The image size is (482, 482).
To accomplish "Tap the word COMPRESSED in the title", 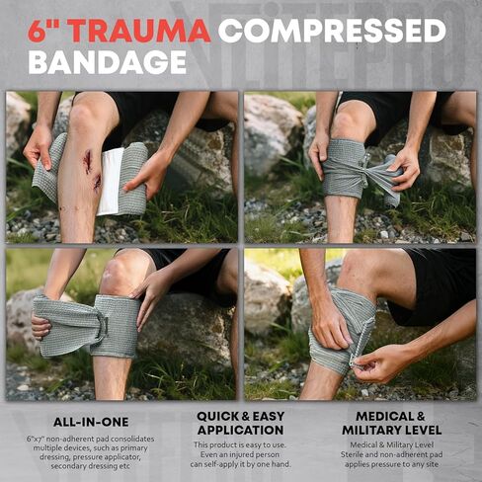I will tap(332, 31).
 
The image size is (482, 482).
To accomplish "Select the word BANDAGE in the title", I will tap(108, 62).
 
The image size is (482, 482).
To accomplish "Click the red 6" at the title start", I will tap(48, 31).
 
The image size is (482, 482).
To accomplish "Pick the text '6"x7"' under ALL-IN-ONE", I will tap(36, 438).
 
